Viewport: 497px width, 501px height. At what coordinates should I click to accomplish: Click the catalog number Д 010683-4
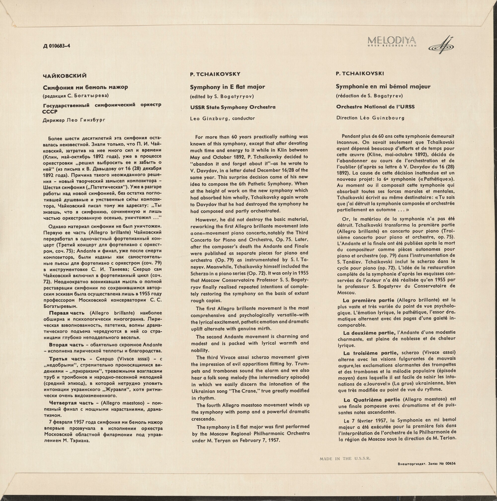[x=56, y=46]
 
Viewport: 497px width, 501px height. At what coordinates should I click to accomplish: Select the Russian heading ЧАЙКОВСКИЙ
[x=65, y=76]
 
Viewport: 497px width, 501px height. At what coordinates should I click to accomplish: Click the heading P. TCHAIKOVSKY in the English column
[x=215, y=74]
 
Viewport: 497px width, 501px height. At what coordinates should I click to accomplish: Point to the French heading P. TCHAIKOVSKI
[x=360, y=74]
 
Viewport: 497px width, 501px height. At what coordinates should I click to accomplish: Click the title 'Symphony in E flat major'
[x=228, y=87]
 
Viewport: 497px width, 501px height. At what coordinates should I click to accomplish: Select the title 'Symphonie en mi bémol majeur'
[x=383, y=86]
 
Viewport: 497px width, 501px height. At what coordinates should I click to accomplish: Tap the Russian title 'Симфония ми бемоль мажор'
[x=85, y=87]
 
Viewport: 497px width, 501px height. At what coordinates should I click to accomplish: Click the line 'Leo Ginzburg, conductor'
[x=222, y=119]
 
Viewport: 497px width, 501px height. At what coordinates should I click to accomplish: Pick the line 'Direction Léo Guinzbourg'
[x=370, y=118]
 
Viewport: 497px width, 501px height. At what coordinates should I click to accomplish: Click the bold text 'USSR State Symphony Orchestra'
[x=233, y=107]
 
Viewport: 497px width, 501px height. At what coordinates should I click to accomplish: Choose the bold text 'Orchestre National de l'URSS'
[x=375, y=107]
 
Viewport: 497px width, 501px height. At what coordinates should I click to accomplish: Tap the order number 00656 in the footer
[x=450, y=464]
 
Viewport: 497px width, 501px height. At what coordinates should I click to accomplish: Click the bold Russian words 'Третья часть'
[x=67, y=359]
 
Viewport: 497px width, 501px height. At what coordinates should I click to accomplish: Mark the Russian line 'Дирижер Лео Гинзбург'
[x=74, y=120]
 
